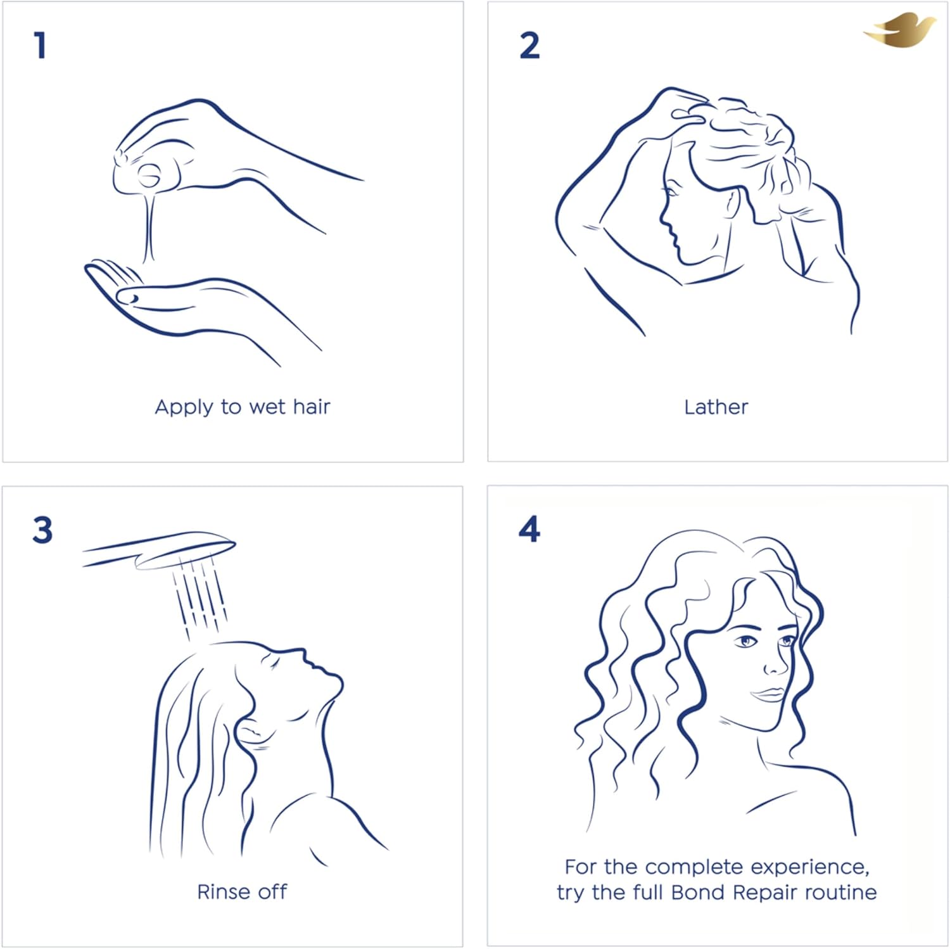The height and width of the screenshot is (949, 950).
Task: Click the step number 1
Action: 41,46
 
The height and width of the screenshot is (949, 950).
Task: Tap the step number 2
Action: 529,46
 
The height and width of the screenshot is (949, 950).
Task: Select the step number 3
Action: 42,530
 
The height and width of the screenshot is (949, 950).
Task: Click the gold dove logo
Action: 899,30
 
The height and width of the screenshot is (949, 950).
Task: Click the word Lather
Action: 716,407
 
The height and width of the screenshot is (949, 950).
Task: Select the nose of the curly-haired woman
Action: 775,663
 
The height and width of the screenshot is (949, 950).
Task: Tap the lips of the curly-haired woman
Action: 768,694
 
